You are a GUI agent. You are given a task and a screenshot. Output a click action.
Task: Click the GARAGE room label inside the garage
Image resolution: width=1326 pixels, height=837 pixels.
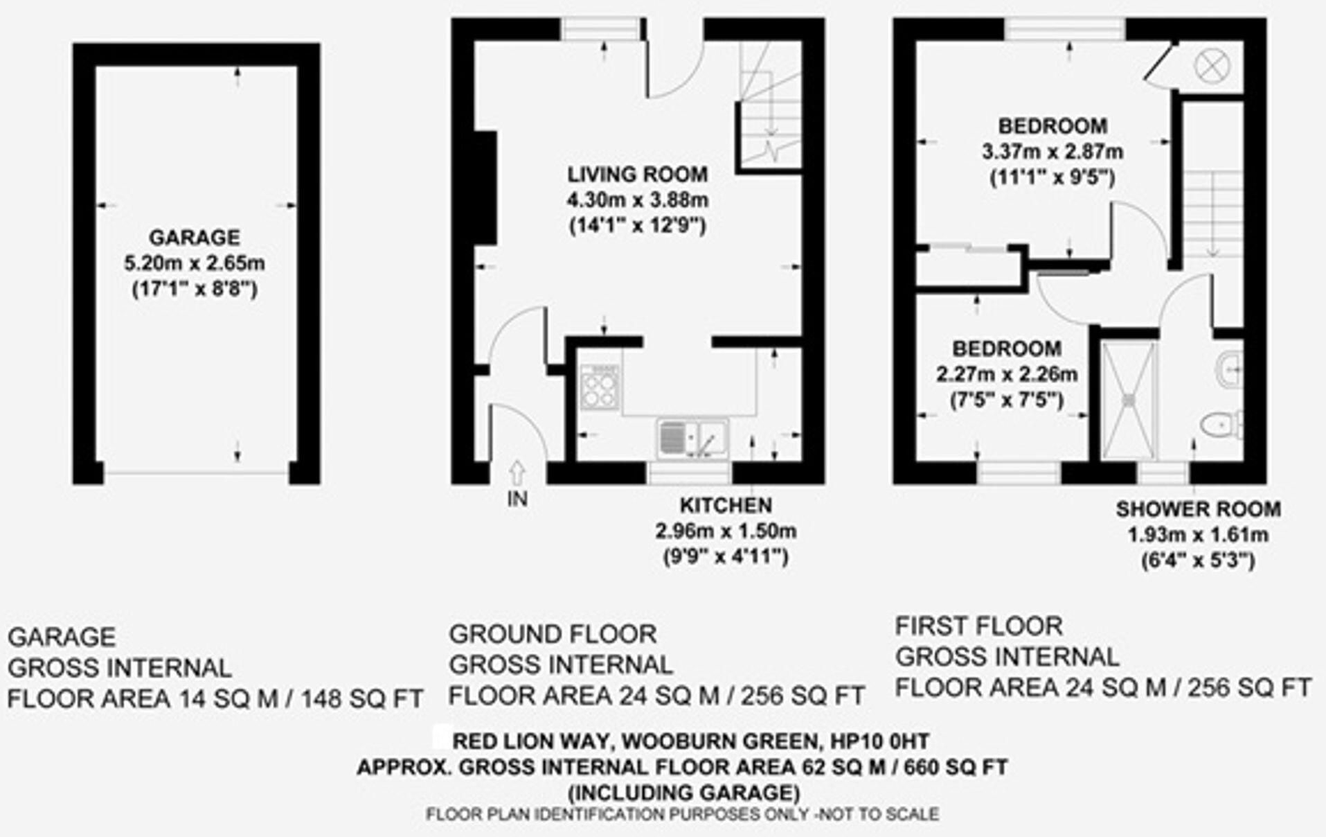click(195, 238)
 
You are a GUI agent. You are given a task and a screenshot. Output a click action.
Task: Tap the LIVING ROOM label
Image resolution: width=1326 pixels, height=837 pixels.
click(638, 174)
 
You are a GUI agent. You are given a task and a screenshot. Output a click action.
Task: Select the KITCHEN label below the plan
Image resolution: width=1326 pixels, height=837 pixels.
click(726, 505)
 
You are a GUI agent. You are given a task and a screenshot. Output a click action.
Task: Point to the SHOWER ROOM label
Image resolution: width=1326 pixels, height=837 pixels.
click(1198, 509)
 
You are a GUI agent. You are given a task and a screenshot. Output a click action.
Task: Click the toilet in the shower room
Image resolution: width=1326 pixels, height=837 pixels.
click(1223, 423)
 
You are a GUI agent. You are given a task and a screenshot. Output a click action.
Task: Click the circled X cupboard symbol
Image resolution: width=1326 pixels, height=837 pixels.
click(1212, 67)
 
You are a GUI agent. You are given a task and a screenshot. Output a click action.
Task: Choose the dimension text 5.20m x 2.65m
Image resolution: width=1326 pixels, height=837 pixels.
click(195, 264)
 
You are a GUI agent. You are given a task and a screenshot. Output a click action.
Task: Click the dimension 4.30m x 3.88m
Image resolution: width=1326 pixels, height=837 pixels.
click(638, 200)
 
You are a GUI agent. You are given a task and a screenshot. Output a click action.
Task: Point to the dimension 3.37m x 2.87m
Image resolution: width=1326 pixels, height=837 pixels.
click(1052, 152)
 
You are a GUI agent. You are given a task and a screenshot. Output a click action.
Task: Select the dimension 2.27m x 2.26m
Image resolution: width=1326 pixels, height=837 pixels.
click(1007, 375)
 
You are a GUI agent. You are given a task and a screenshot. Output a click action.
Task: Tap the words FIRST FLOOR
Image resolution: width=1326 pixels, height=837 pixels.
click(979, 626)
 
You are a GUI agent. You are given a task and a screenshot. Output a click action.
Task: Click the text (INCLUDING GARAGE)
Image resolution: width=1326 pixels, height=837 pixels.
click(683, 792)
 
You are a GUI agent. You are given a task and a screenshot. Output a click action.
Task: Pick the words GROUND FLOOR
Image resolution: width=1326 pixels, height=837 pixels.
click(553, 634)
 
